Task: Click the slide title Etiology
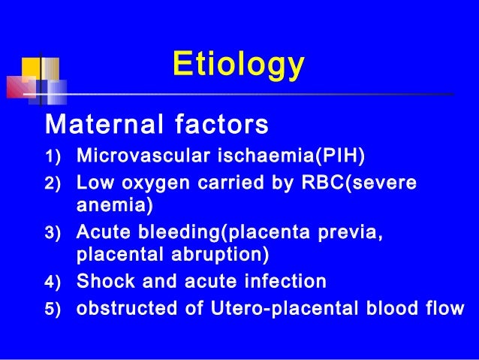[238, 65]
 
